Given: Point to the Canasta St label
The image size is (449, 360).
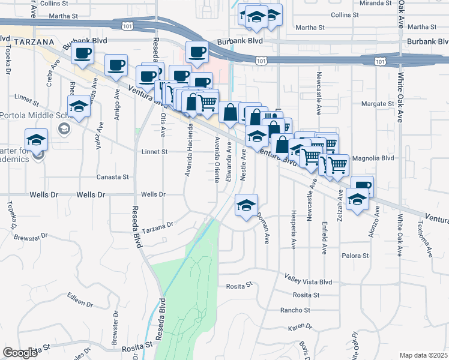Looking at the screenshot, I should click(x=113, y=177).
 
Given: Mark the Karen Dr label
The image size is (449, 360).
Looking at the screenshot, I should click(x=301, y=327).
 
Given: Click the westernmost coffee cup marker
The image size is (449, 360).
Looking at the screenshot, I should click(x=83, y=52).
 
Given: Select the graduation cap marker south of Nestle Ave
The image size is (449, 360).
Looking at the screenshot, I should click(x=246, y=206).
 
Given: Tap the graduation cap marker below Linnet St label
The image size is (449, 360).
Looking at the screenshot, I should click(x=79, y=106).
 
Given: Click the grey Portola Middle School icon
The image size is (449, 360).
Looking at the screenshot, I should click(x=63, y=128).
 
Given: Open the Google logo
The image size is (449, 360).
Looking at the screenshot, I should click(x=20, y=352).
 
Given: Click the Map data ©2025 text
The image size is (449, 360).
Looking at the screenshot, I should click(x=423, y=355).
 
